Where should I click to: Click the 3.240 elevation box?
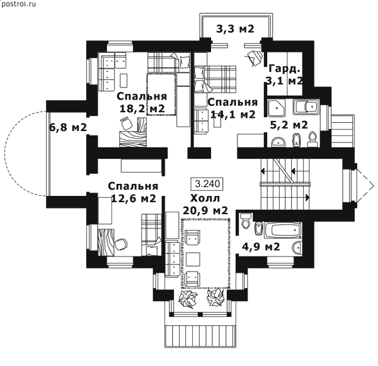click(207, 184)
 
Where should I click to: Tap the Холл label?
click(205, 198)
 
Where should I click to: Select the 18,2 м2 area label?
click(142, 108)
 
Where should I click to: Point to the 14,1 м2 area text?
click(233, 114)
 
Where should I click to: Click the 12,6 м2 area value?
click(134, 198)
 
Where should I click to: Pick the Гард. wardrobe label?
click(285, 69)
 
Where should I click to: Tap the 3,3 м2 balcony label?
click(235, 29)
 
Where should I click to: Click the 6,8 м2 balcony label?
click(68, 127)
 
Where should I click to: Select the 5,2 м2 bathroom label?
click(289, 125)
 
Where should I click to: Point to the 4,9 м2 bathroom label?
click(261, 247)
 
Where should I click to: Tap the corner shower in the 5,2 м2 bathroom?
click(277, 106)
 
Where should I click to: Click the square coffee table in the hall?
click(193, 259)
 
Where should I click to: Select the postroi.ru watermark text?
click(18, 4)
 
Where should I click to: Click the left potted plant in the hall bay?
click(188, 298)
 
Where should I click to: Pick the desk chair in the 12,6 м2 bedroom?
click(120, 244)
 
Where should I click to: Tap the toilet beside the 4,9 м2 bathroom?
click(246, 220)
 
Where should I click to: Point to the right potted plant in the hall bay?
click(215, 297)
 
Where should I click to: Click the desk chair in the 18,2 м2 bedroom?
click(127, 123)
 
